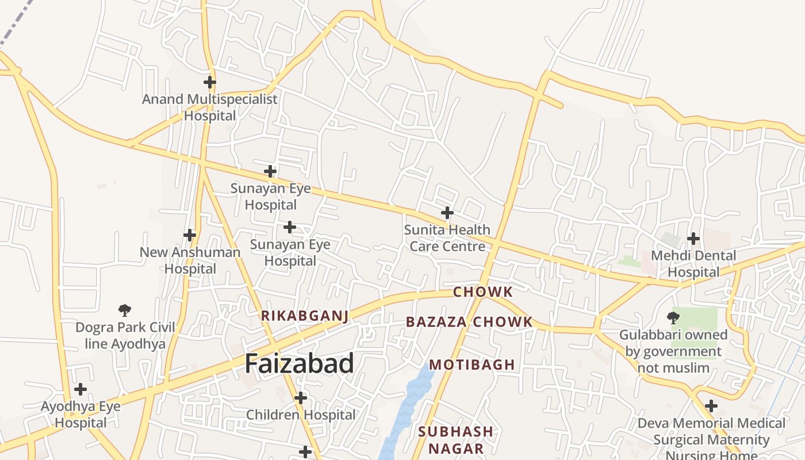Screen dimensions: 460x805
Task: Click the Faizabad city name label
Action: [299, 364]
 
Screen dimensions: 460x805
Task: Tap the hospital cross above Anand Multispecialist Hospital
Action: [210, 82]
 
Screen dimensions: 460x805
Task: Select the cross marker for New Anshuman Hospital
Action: [190, 235]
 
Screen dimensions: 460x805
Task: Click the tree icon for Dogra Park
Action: [125, 311]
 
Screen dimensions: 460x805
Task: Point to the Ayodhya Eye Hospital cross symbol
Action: [80, 389]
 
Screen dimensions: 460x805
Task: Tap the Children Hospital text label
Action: [301, 415]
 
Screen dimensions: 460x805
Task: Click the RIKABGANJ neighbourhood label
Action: [305, 316]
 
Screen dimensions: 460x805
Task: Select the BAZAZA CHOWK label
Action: [469, 322]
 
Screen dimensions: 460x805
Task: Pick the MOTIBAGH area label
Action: [472, 365]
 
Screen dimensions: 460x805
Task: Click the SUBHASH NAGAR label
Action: [455, 440]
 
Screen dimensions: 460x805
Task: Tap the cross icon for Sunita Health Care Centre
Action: [447, 213]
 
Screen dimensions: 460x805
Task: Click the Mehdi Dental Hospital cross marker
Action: [693, 239]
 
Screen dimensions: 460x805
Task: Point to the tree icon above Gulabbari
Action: [673, 317]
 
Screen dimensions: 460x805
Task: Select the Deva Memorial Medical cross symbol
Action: [711, 406]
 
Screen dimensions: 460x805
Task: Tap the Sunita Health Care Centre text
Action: [447, 238]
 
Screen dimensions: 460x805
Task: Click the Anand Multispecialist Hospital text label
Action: [210, 108]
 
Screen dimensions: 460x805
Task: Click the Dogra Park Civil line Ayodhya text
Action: [125, 336]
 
